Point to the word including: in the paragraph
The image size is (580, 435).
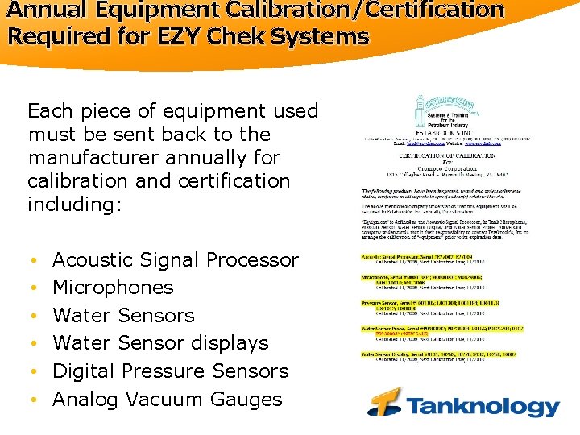tap(74, 205)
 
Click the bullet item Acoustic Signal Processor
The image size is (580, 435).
tap(175, 260)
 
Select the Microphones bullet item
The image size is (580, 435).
tap(113, 288)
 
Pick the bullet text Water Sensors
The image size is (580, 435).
tap(123, 316)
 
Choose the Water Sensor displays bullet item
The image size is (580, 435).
tap(160, 343)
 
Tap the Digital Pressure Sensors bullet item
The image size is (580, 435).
tap(170, 371)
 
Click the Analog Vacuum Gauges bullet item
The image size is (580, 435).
tap(167, 400)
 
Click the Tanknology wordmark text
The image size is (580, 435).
tap(481, 406)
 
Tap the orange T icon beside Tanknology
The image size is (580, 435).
tap(386, 401)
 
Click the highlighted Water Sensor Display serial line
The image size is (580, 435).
tap(439, 354)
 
